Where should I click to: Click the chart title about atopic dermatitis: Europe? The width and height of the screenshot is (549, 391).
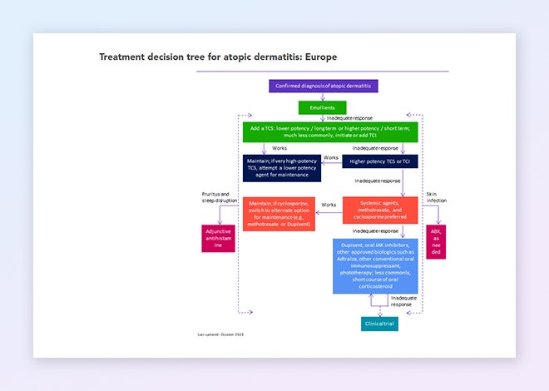[218, 57]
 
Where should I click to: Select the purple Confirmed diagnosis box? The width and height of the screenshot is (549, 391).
[324, 86]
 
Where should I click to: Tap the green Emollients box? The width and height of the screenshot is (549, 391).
[322, 107]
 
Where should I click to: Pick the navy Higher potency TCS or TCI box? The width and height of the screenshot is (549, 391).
[378, 161]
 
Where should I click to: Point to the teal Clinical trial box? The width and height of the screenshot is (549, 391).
[379, 323]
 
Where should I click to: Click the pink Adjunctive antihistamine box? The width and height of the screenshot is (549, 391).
[213, 239]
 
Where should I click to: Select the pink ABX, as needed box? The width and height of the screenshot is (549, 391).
[435, 241]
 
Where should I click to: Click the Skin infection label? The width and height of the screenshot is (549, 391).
[436, 197]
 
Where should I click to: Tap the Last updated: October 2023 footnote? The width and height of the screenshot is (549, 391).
[220, 334]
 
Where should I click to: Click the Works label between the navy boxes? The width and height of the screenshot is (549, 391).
[331, 156]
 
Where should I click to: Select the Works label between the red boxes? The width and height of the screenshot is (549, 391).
[329, 205]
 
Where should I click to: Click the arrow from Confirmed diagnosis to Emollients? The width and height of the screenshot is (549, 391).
[323, 97]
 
